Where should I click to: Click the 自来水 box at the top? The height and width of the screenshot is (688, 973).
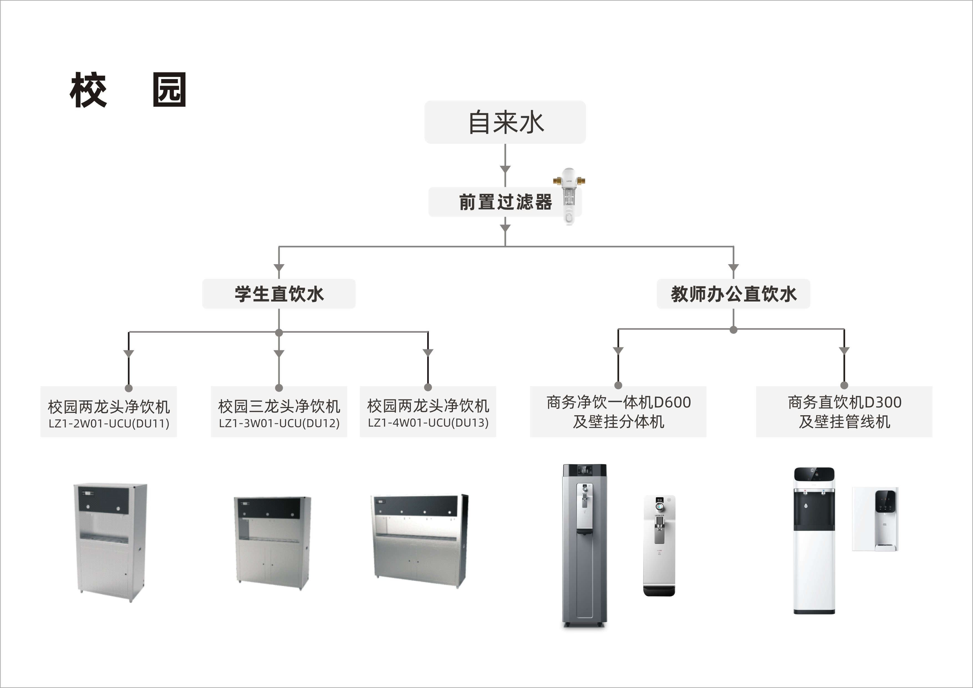[505, 122]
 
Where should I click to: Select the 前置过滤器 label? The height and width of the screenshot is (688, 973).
[505, 202]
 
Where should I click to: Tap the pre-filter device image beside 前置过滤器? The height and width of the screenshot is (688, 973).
[569, 196]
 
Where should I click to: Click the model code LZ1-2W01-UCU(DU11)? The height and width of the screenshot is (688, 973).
[109, 424]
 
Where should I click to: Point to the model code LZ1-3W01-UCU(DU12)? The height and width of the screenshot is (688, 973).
[279, 423]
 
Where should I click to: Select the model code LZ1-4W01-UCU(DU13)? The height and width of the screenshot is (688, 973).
[428, 423]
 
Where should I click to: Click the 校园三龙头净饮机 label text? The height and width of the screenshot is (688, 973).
[279, 406]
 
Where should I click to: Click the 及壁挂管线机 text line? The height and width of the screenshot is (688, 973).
[844, 422]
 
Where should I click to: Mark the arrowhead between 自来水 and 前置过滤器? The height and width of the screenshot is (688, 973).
[505, 169]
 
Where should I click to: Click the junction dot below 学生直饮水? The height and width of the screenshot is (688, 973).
[279, 333]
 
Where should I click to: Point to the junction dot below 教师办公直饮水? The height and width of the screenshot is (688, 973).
[733, 330]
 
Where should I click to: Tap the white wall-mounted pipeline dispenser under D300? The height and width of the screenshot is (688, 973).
[875, 519]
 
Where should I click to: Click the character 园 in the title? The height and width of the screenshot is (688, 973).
[169, 90]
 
